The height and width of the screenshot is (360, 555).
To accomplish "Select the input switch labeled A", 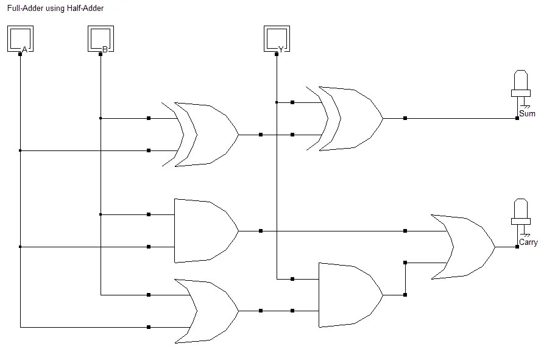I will (20, 40).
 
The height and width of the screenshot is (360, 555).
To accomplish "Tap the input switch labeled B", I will (101, 40).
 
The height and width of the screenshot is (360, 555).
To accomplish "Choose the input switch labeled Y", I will (277, 40).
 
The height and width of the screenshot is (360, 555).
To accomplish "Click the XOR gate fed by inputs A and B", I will (207, 134).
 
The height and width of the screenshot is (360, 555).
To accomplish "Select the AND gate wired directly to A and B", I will (204, 231).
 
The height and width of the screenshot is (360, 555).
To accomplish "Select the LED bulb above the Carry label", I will (520, 212).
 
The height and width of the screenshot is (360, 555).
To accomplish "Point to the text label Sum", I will (527, 114).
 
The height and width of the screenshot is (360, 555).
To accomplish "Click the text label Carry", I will (528, 242).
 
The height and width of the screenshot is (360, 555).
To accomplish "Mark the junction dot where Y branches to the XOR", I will (277, 102).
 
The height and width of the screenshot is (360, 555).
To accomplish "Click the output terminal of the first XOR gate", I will (261, 134).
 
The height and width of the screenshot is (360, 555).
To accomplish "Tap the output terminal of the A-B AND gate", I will (261, 231).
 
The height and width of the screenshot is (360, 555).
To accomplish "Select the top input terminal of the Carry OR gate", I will (405, 231).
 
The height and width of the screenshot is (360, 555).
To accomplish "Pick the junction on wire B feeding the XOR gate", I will (101, 118).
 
